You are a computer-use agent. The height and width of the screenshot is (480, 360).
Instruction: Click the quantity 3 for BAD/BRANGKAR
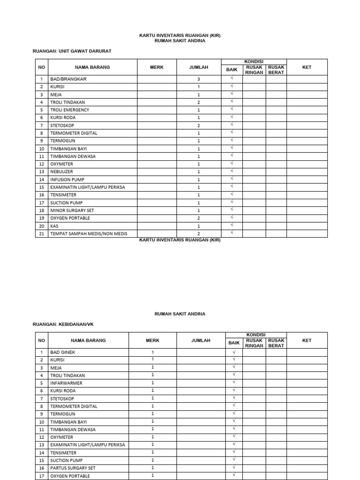[x=198, y=79]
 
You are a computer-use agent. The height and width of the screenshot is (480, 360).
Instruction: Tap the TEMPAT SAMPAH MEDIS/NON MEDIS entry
[x=89, y=233]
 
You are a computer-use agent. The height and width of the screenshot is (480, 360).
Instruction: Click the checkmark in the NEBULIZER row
[x=231, y=171]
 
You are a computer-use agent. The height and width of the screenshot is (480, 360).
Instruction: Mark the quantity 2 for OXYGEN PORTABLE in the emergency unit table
[x=198, y=218]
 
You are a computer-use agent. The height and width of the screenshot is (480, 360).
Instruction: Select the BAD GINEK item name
[x=63, y=352]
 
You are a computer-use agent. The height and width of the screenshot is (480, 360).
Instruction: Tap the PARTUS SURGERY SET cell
[x=73, y=468]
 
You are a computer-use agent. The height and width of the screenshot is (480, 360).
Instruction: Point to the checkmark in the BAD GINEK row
[x=233, y=352]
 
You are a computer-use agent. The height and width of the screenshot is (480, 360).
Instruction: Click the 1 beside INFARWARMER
[x=152, y=382]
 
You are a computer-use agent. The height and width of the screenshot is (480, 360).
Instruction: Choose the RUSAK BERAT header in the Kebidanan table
[x=276, y=343]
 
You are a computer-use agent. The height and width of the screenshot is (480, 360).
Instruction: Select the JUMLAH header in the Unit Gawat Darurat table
[x=198, y=67]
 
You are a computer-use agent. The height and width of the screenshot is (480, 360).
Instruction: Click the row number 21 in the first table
[x=41, y=233]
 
